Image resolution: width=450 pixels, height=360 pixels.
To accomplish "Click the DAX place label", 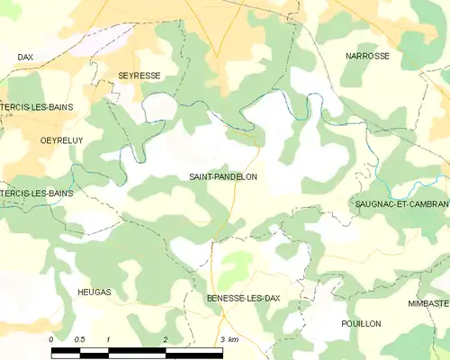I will pyautogui.click(x=25, y=57).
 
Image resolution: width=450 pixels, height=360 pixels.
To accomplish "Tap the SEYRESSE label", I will pyautogui.click(x=139, y=76).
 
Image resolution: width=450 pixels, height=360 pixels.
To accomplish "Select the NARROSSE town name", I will pyautogui.click(x=367, y=56).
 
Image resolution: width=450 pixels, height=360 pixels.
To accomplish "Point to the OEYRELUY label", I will pyautogui.click(x=38, y=141).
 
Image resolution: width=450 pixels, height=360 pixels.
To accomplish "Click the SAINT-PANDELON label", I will pyautogui.click(x=222, y=177).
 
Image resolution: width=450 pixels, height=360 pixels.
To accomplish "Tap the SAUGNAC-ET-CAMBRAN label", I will pyautogui.click(x=400, y=205).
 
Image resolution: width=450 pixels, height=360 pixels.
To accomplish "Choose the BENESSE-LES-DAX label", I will pyautogui.click(x=238, y=298).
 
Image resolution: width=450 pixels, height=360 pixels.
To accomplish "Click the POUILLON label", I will pyautogui.click(x=361, y=323).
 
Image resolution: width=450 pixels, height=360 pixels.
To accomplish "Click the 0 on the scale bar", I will pyautogui.click(x=51, y=339).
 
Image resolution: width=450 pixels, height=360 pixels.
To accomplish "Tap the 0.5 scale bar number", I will pyautogui.click(x=79, y=339).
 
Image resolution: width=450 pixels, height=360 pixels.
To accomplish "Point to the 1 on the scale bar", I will pyautogui.click(x=108, y=339).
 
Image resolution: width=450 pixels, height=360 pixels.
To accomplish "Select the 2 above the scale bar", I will pyautogui.click(x=165, y=339).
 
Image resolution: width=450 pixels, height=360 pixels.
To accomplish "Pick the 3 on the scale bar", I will pyautogui.click(x=221, y=339).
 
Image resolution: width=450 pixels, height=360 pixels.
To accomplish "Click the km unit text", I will pyautogui.click(x=233, y=339).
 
